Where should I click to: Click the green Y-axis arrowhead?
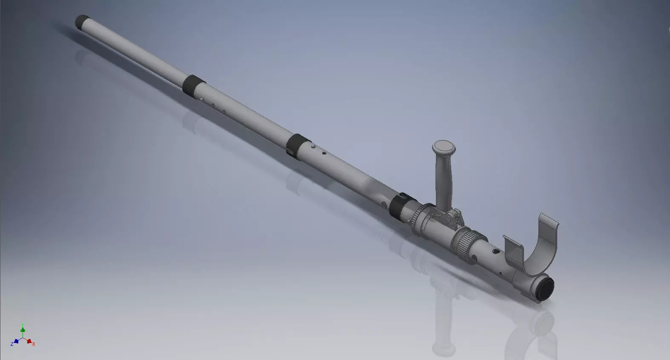tap(23, 329)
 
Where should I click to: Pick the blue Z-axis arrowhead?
tap(16, 341)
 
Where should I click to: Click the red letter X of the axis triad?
tap(33, 343)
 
